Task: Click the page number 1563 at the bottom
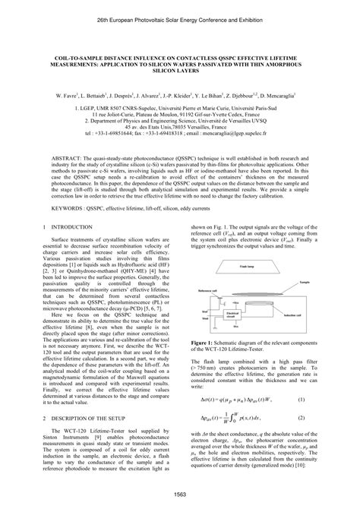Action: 180,495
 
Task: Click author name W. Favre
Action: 58,96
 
